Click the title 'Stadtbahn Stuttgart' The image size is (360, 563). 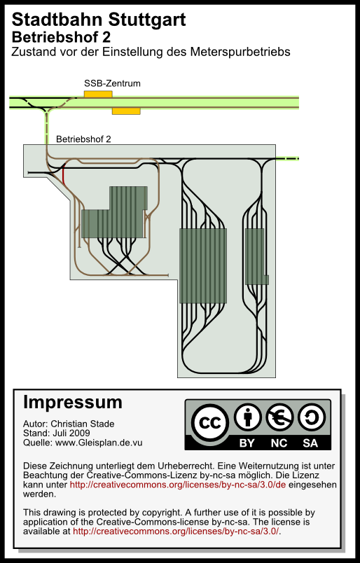(x=99, y=20)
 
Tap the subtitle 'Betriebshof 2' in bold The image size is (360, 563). (x=61, y=37)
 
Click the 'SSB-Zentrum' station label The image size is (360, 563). (x=112, y=83)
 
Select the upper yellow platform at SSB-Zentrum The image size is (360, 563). (x=98, y=94)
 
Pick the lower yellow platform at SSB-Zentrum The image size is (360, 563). (x=126, y=111)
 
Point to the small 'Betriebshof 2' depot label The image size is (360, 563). (x=83, y=139)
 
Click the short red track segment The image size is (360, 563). (x=64, y=176)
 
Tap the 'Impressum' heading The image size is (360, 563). (x=73, y=403)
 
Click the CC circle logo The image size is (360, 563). (x=210, y=423)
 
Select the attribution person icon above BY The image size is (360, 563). (x=247, y=417)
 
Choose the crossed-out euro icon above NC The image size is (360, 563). (x=279, y=417)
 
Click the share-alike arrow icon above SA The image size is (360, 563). (x=311, y=417)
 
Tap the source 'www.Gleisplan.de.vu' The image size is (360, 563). (x=99, y=443)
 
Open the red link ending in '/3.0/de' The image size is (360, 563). (x=178, y=485)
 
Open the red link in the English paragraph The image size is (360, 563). (x=176, y=531)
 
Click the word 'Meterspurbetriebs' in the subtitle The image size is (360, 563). (x=240, y=52)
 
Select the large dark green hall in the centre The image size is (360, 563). (x=203, y=266)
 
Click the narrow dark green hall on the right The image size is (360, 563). (x=256, y=257)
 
